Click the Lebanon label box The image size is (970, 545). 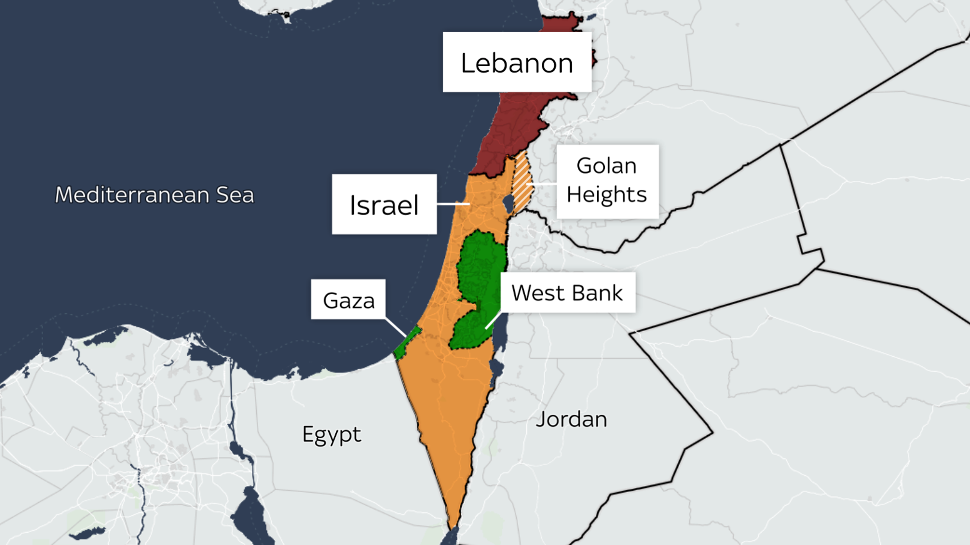coord(517,62)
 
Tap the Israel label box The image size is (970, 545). coord(384,204)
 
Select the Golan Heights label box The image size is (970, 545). coord(607,181)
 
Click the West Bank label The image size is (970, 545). coord(567,292)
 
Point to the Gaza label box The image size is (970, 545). coord(348,300)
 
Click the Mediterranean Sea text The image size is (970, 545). coord(154,194)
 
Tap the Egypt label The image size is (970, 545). coord(332,434)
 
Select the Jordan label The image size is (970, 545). coord(571,419)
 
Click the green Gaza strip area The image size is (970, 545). coord(407,343)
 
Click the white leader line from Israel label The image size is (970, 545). coord(453,204)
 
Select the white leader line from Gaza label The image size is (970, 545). coord(395,327)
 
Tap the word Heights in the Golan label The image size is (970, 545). coord(607,194)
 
